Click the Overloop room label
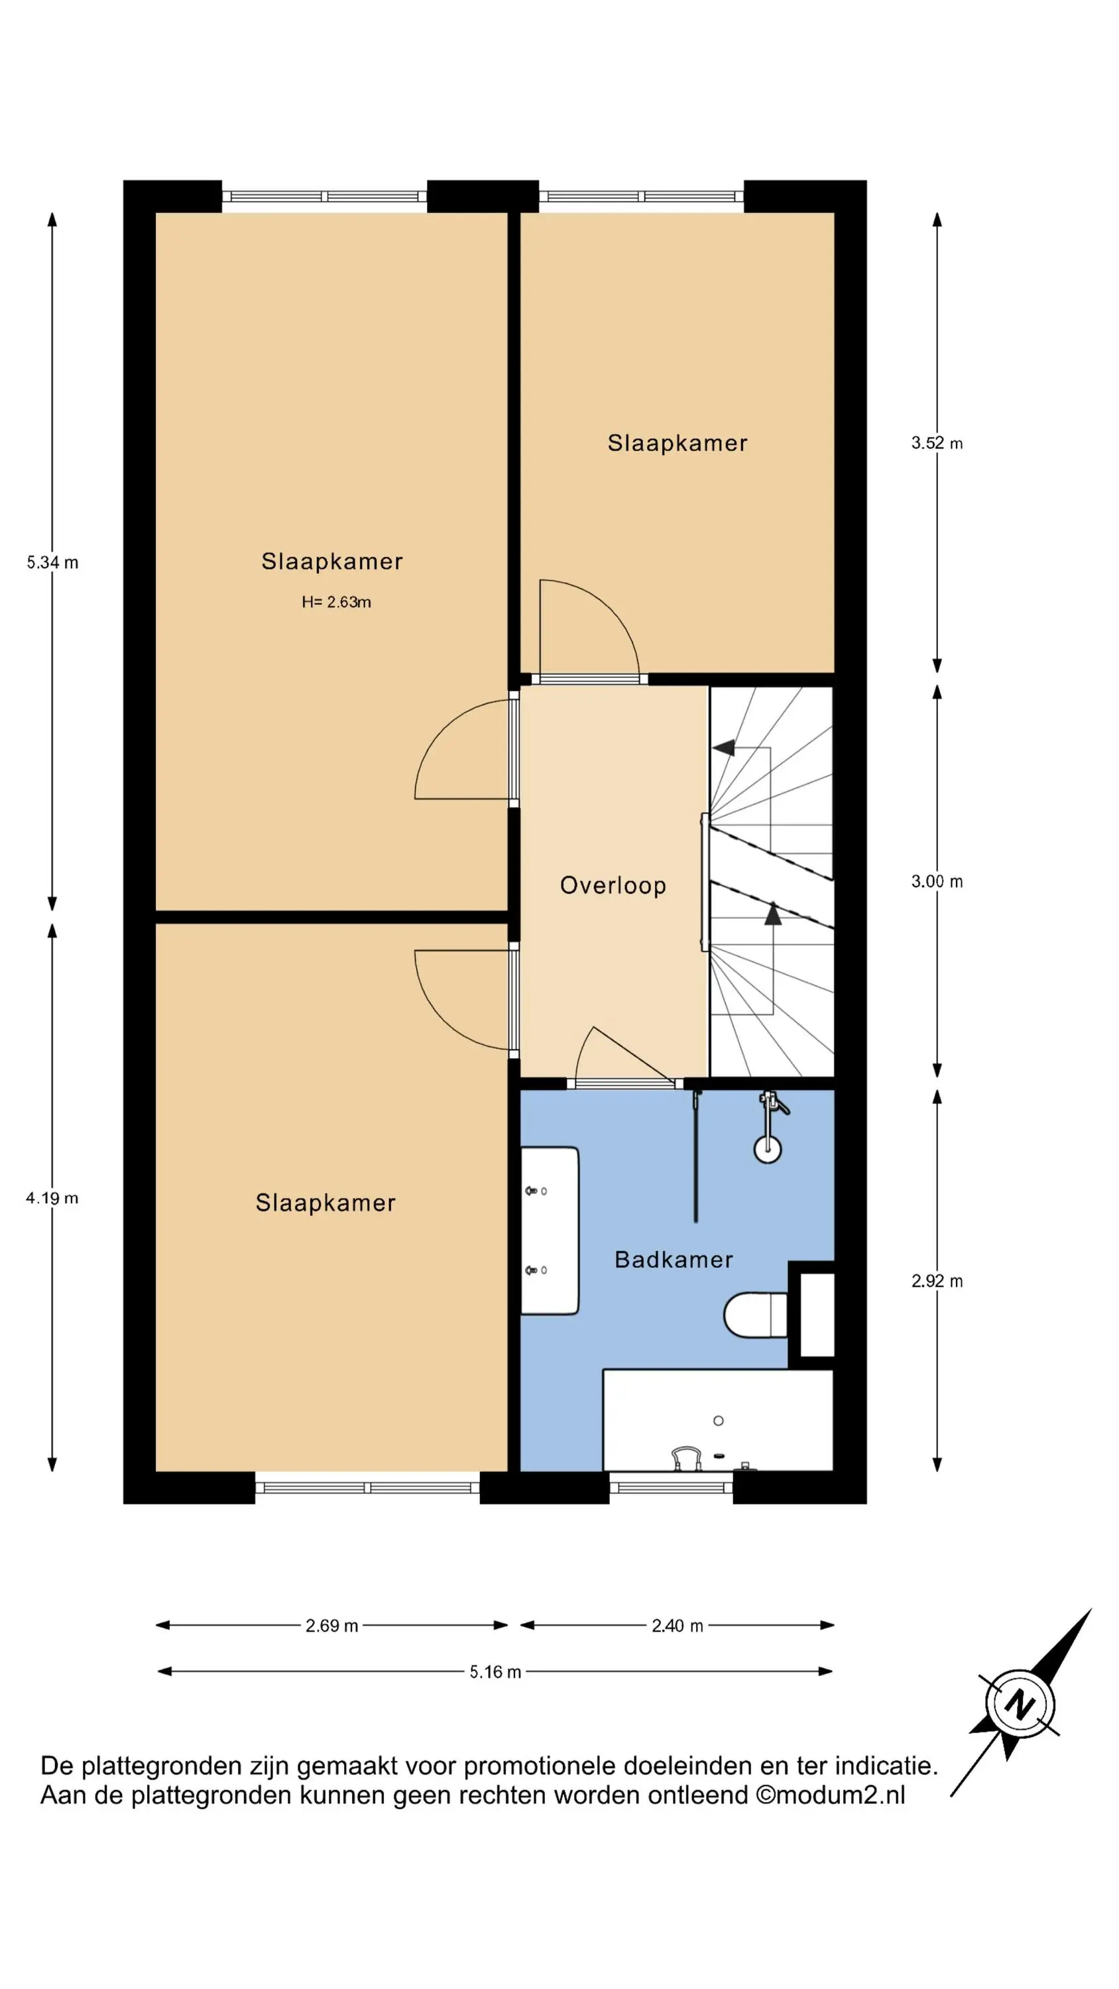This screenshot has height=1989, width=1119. click(x=613, y=885)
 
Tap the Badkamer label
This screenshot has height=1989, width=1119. click(x=674, y=1259)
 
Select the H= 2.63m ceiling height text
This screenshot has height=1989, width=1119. click(x=336, y=602)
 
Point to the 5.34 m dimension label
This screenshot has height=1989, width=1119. click(x=52, y=562)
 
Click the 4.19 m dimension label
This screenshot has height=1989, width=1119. click(x=52, y=1197)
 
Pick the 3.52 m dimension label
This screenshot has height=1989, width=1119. click(x=937, y=443)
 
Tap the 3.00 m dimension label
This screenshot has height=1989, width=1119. click(x=937, y=881)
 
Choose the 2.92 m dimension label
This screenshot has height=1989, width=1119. click(x=937, y=1281)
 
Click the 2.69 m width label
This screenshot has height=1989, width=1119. click(x=332, y=1625)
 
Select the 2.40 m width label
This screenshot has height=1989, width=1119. click(x=677, y=1625)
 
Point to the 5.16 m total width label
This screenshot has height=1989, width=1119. click(x=495, y=1671)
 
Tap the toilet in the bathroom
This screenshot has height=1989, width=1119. click(x=755, y=1314)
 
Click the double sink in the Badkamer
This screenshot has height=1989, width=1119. click(x=550, y=1231)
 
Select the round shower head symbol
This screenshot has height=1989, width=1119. click(x=768, y=1148)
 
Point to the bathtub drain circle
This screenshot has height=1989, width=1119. click(x=718, y=1421)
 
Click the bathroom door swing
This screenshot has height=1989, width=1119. click(x=622, y=1054)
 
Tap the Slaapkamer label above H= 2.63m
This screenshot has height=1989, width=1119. click(x=332, y=562)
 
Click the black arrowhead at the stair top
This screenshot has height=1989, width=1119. click(x=723, y=747)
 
